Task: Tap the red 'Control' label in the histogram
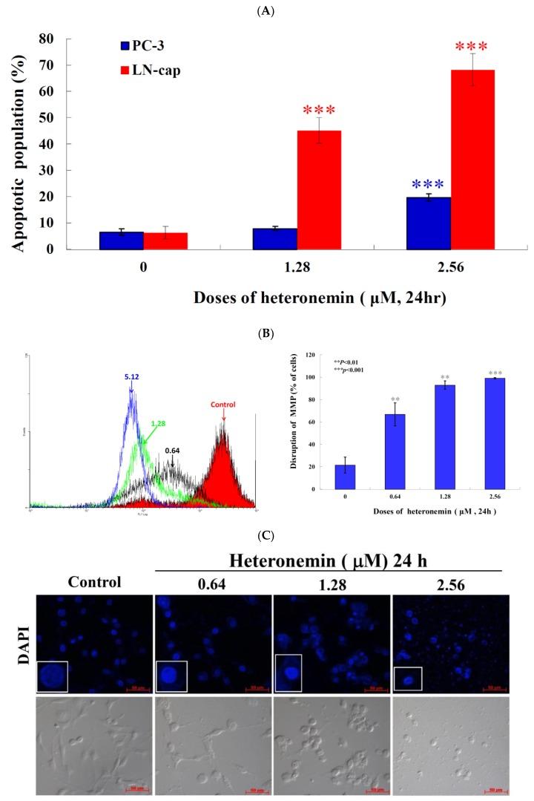point(222,405)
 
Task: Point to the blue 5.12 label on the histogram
point(132,377)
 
